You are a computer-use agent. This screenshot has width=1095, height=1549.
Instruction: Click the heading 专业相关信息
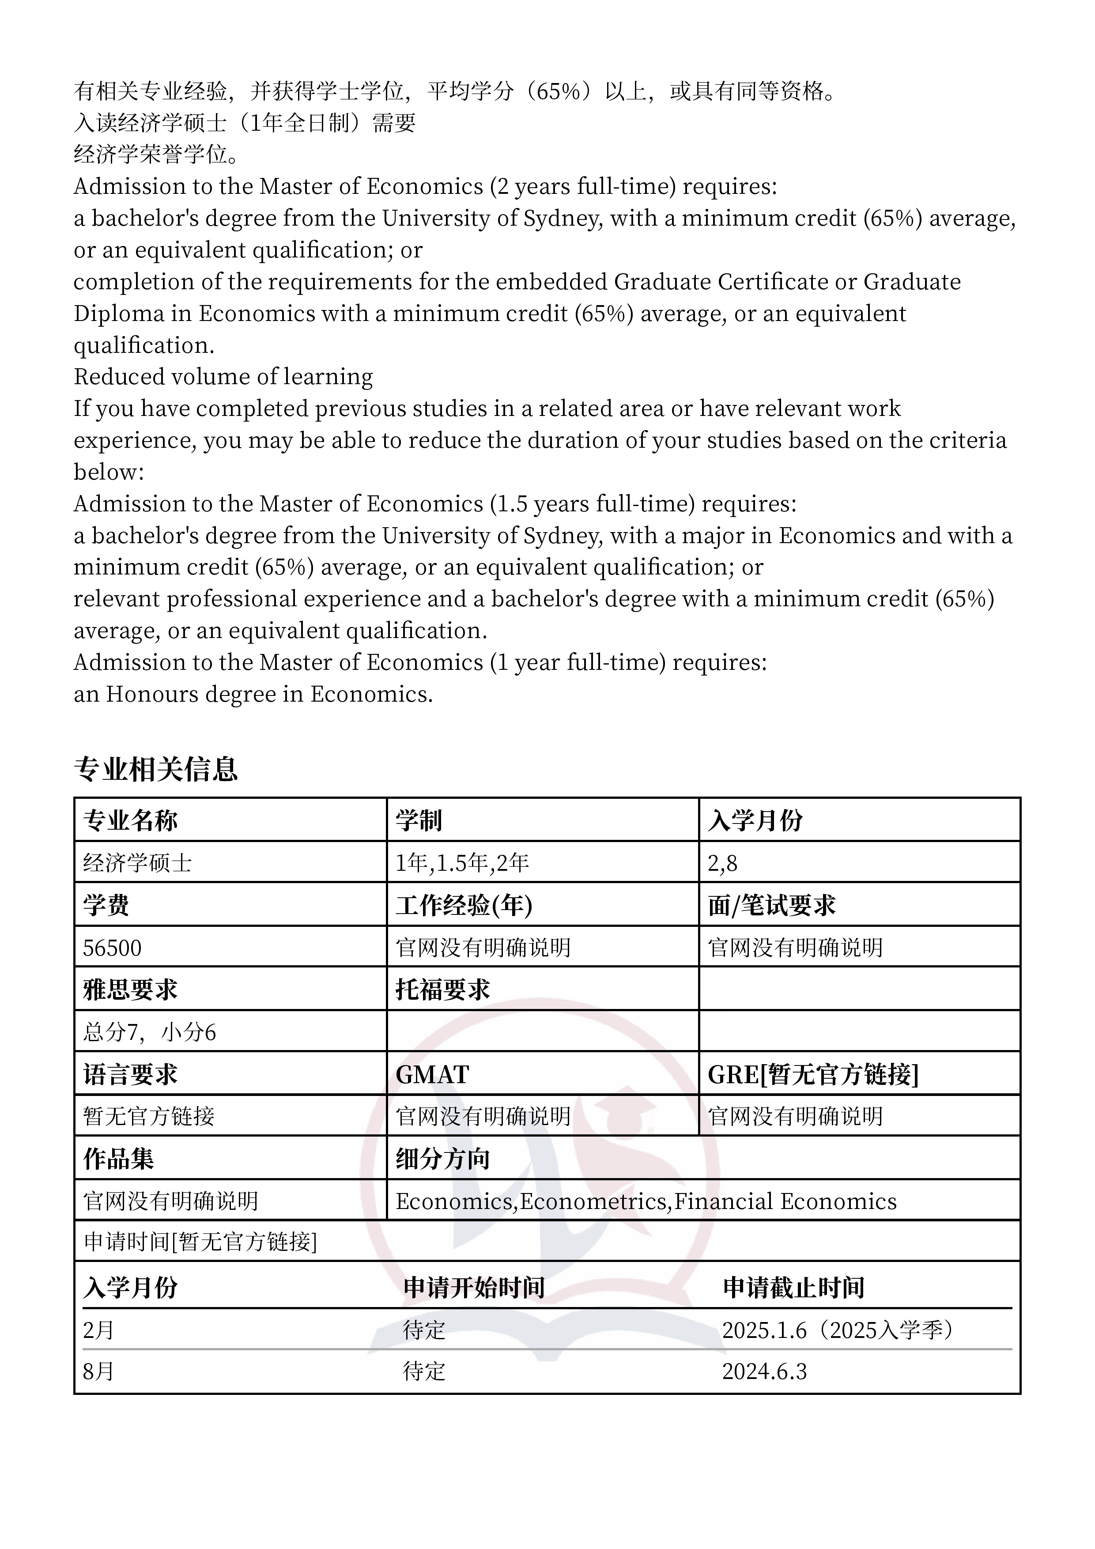(x=156, y=769)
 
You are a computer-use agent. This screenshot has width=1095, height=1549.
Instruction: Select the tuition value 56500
(x=112, y=948)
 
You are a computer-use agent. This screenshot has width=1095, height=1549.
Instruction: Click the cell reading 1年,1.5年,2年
(x=462, y=863)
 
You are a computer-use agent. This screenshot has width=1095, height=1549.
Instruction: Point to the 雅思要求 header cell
(x=130, y=990)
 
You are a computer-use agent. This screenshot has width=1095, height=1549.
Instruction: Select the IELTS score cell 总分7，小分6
(x=149, y=1032)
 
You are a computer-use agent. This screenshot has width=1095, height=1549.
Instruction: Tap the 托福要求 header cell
(x=442, y=990)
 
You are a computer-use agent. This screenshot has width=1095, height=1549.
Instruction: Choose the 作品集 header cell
(x=119, y=1159)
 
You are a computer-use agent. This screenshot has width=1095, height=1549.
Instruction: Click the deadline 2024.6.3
(x=764, y=1371)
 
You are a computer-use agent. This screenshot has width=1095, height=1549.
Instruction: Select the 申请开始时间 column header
(x=474, y=1287)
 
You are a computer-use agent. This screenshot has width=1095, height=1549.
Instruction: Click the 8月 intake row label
(x=98, y=1371)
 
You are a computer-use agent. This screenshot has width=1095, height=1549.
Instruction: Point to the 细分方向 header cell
(x=442, y=1159)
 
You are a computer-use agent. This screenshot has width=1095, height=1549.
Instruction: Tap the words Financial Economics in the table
(x=785, y=1201)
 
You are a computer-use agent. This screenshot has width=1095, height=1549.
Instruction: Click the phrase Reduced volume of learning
(x=223, y=377)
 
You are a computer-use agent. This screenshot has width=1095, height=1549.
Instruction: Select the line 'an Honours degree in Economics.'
(x=253, y=694)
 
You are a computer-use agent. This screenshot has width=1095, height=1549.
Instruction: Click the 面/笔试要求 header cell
(x=771, y=905)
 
